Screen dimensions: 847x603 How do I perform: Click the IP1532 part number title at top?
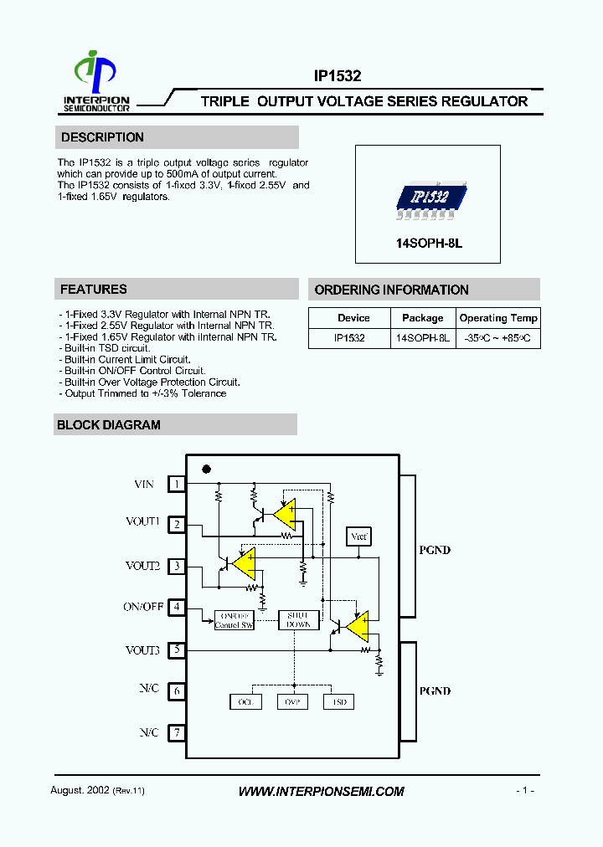[x=338, y=75]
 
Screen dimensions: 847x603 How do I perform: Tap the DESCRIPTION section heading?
[x=102, y=137]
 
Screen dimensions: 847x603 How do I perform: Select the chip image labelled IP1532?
[x=429, y=198]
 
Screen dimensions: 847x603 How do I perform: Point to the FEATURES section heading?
[x=94, y=290]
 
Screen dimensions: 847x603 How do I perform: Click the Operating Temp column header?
[x=498, y=318]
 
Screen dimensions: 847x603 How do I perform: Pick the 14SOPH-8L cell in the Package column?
[x=423, y=339]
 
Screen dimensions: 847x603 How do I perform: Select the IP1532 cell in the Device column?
[x=350, y=339]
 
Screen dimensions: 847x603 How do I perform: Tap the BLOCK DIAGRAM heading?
[x=109, y=425]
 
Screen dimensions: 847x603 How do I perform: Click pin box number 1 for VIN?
[x=177, y=484]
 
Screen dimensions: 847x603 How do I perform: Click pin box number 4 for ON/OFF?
[x=177, y=607]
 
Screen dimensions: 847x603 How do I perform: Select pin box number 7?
[x=177, y=733]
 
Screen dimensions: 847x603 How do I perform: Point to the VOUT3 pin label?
[x=142, y=650]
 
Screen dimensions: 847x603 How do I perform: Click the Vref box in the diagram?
[x=358, y=536]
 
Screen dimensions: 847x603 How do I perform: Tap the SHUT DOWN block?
[x=298, y=619]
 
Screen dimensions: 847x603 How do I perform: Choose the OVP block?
[x=292, y=702]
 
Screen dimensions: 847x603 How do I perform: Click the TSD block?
[x=339, y=702]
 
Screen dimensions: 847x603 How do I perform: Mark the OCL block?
[x=245, y=702]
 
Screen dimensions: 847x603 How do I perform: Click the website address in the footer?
[x=321, y=791]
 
